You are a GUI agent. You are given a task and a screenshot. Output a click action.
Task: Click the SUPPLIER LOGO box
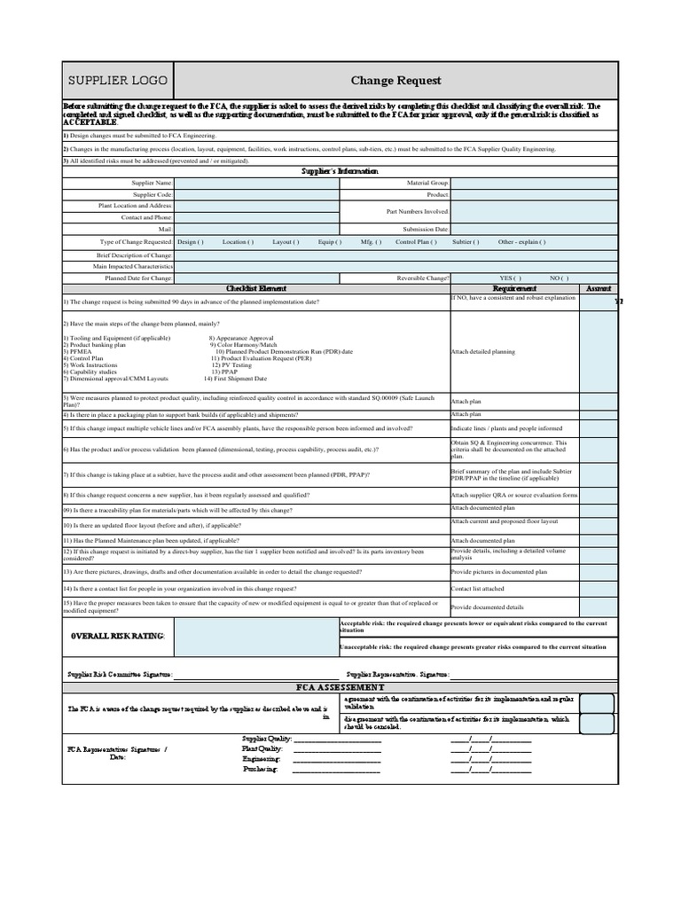pos(118,81)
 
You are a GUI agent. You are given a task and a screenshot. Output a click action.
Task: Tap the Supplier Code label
pos(153,194)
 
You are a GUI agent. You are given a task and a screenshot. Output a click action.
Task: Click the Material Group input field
pos(533,183)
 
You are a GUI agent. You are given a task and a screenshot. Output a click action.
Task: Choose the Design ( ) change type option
pos(190,241)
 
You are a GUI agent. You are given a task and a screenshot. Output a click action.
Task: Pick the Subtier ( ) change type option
pos(466,241)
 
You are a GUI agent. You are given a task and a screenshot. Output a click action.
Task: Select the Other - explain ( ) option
pos(522,241)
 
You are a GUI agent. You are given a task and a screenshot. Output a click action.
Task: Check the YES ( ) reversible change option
pos(511,278)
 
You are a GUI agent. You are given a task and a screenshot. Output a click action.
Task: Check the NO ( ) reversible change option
pos(560,278)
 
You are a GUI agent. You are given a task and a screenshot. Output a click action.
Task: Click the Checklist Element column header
pos(256,289)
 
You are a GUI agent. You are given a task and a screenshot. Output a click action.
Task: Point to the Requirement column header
pos(514,289)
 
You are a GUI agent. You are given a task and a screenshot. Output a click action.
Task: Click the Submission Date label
pos(426,229)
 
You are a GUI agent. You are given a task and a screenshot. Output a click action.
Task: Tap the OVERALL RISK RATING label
pos(118,636)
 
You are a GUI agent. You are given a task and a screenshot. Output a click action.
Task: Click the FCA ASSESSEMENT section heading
pos(340,687)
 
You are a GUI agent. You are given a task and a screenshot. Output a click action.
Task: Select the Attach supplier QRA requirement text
pos(514,495)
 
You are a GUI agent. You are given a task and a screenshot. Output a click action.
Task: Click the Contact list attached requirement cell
pos(478,588)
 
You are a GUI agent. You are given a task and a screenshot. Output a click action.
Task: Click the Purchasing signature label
pos(262,769)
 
